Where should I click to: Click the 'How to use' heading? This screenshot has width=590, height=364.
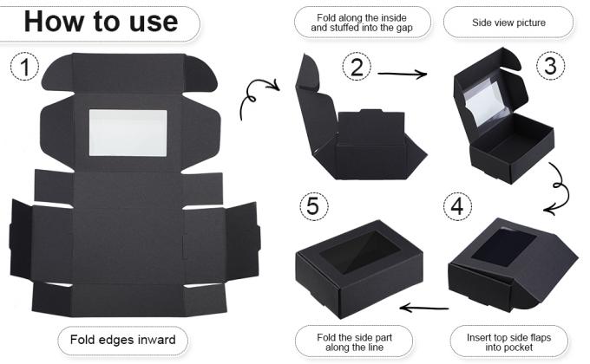pyautogui.click(x=101, y=22)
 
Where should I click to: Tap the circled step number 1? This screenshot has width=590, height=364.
pyautogui.click(x=24, y=67)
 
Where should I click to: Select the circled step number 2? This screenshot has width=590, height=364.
pyautogui.click(x=357, y=67)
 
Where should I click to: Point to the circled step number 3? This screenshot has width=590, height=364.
pyautogui.click(x=550, y=66)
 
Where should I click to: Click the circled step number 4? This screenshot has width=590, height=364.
pyautogui.click(x=457, y=206)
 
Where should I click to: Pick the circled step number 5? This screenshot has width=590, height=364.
pyautogui.click(x=314, y=206)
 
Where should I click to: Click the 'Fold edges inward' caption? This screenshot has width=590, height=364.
pyautogui.click(x=122, y=340)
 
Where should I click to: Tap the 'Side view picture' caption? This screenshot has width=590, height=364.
pyautogui.click(x=508, y=23)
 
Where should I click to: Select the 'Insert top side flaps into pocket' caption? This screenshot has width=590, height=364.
pyautogui.click(x=508, y=342)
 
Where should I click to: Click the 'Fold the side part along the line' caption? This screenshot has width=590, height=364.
pyautogui.click(x=354, y=342)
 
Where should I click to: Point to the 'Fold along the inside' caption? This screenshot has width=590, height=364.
pyautogui.click(x=362, y=17)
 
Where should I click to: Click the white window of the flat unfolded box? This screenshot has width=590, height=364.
pyautogui.click(x=128, y=133)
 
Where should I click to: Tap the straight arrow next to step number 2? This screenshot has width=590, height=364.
pyautogui.click(x=403, y=74)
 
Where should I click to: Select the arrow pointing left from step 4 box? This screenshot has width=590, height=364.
pyautogui.click(x=424, y=309)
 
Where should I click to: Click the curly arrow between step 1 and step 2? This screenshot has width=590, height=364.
pyautogui.click(x=259, y=97)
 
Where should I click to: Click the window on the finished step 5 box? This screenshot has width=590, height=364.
pyautogui.click(x=360, y=251)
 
